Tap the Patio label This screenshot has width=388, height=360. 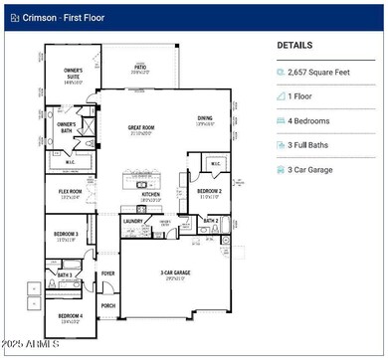coord(140,69)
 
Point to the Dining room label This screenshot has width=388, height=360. coord(205,120)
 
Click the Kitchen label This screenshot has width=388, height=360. coord(150,196)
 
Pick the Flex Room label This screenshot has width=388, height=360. coord(71,194)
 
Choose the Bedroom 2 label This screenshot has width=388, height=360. coord(208,192)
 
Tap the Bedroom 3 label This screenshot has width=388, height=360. coord(67,236)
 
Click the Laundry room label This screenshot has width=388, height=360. coord(133,224)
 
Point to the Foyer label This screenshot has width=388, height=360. coord(107,271)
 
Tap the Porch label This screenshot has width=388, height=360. coord(107,305)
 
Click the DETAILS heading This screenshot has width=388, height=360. coord(294,46)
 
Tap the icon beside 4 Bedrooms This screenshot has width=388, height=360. coord(282,120)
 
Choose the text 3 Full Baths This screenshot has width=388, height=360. coord(318,145)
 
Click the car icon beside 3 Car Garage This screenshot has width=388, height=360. coord(282,169)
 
